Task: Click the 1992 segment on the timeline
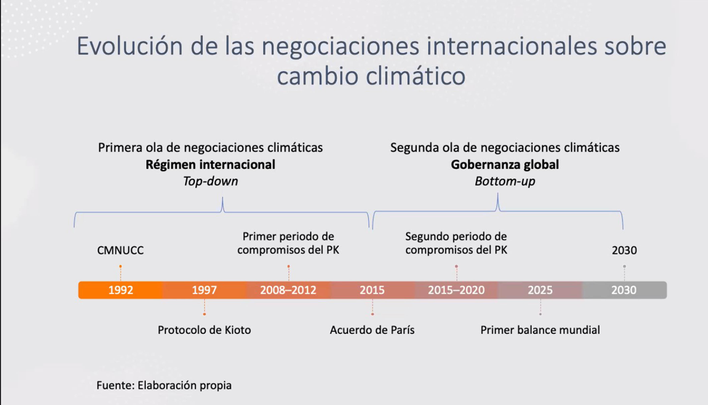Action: [120, 290]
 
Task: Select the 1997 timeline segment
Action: [204, 290]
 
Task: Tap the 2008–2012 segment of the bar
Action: [288, 290]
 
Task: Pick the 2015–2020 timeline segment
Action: [456, 290]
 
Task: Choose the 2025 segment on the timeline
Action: [540, 290]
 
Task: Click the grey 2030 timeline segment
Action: [624, 290]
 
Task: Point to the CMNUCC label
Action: [120, 250]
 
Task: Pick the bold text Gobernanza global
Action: [505, 165]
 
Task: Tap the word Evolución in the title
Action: [130, 46]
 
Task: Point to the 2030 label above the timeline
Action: [624, 250]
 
